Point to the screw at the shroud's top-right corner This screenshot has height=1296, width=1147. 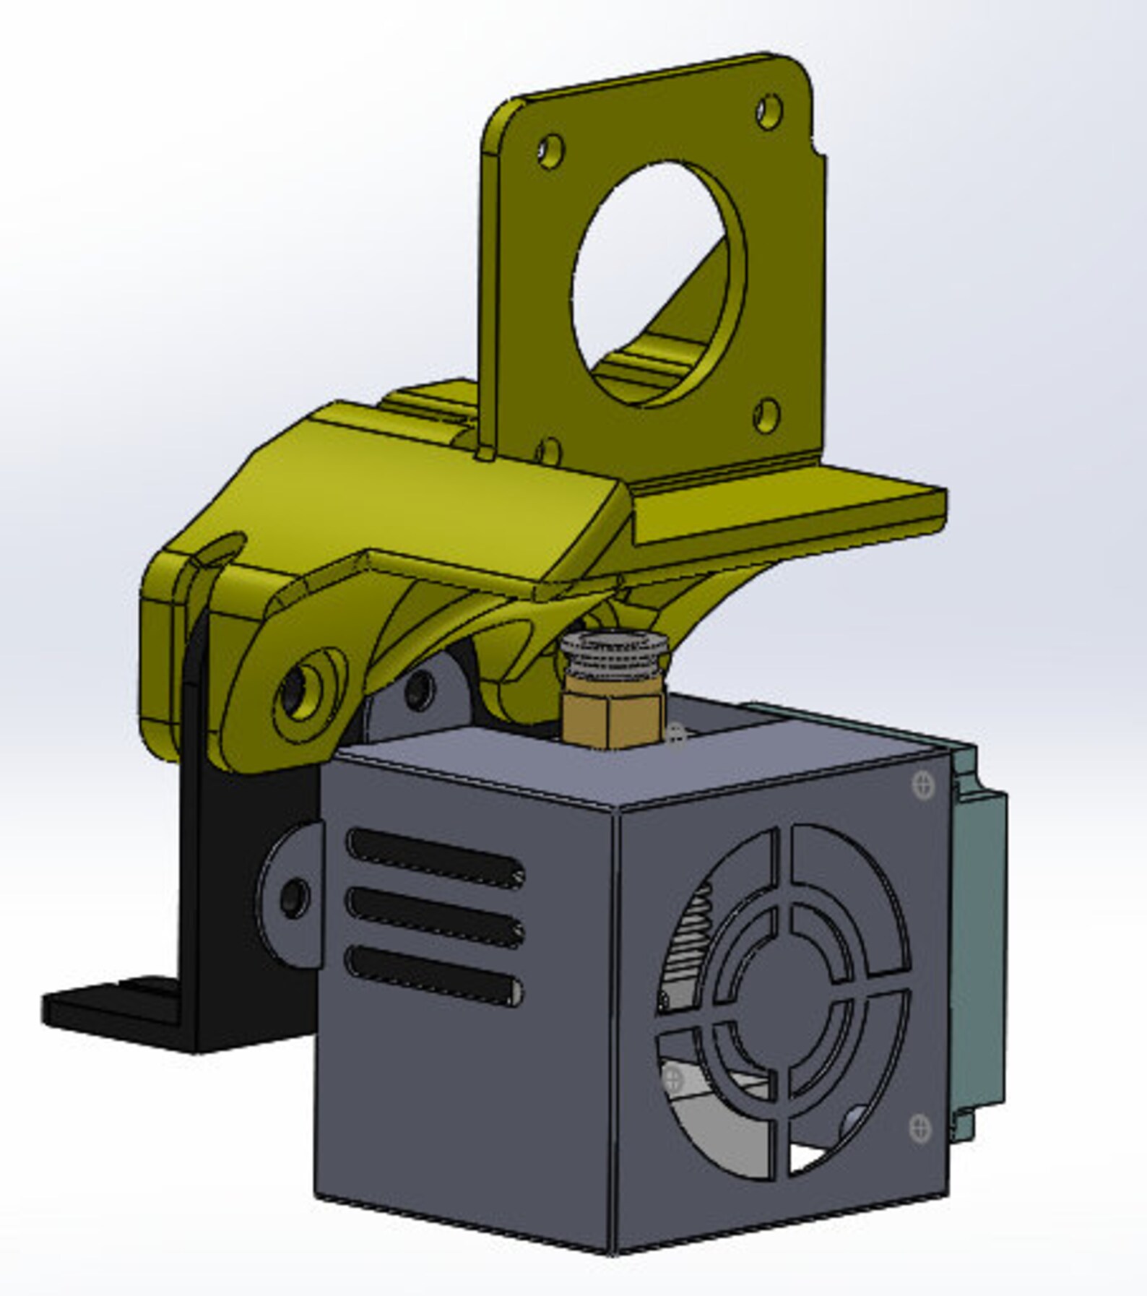924,785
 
